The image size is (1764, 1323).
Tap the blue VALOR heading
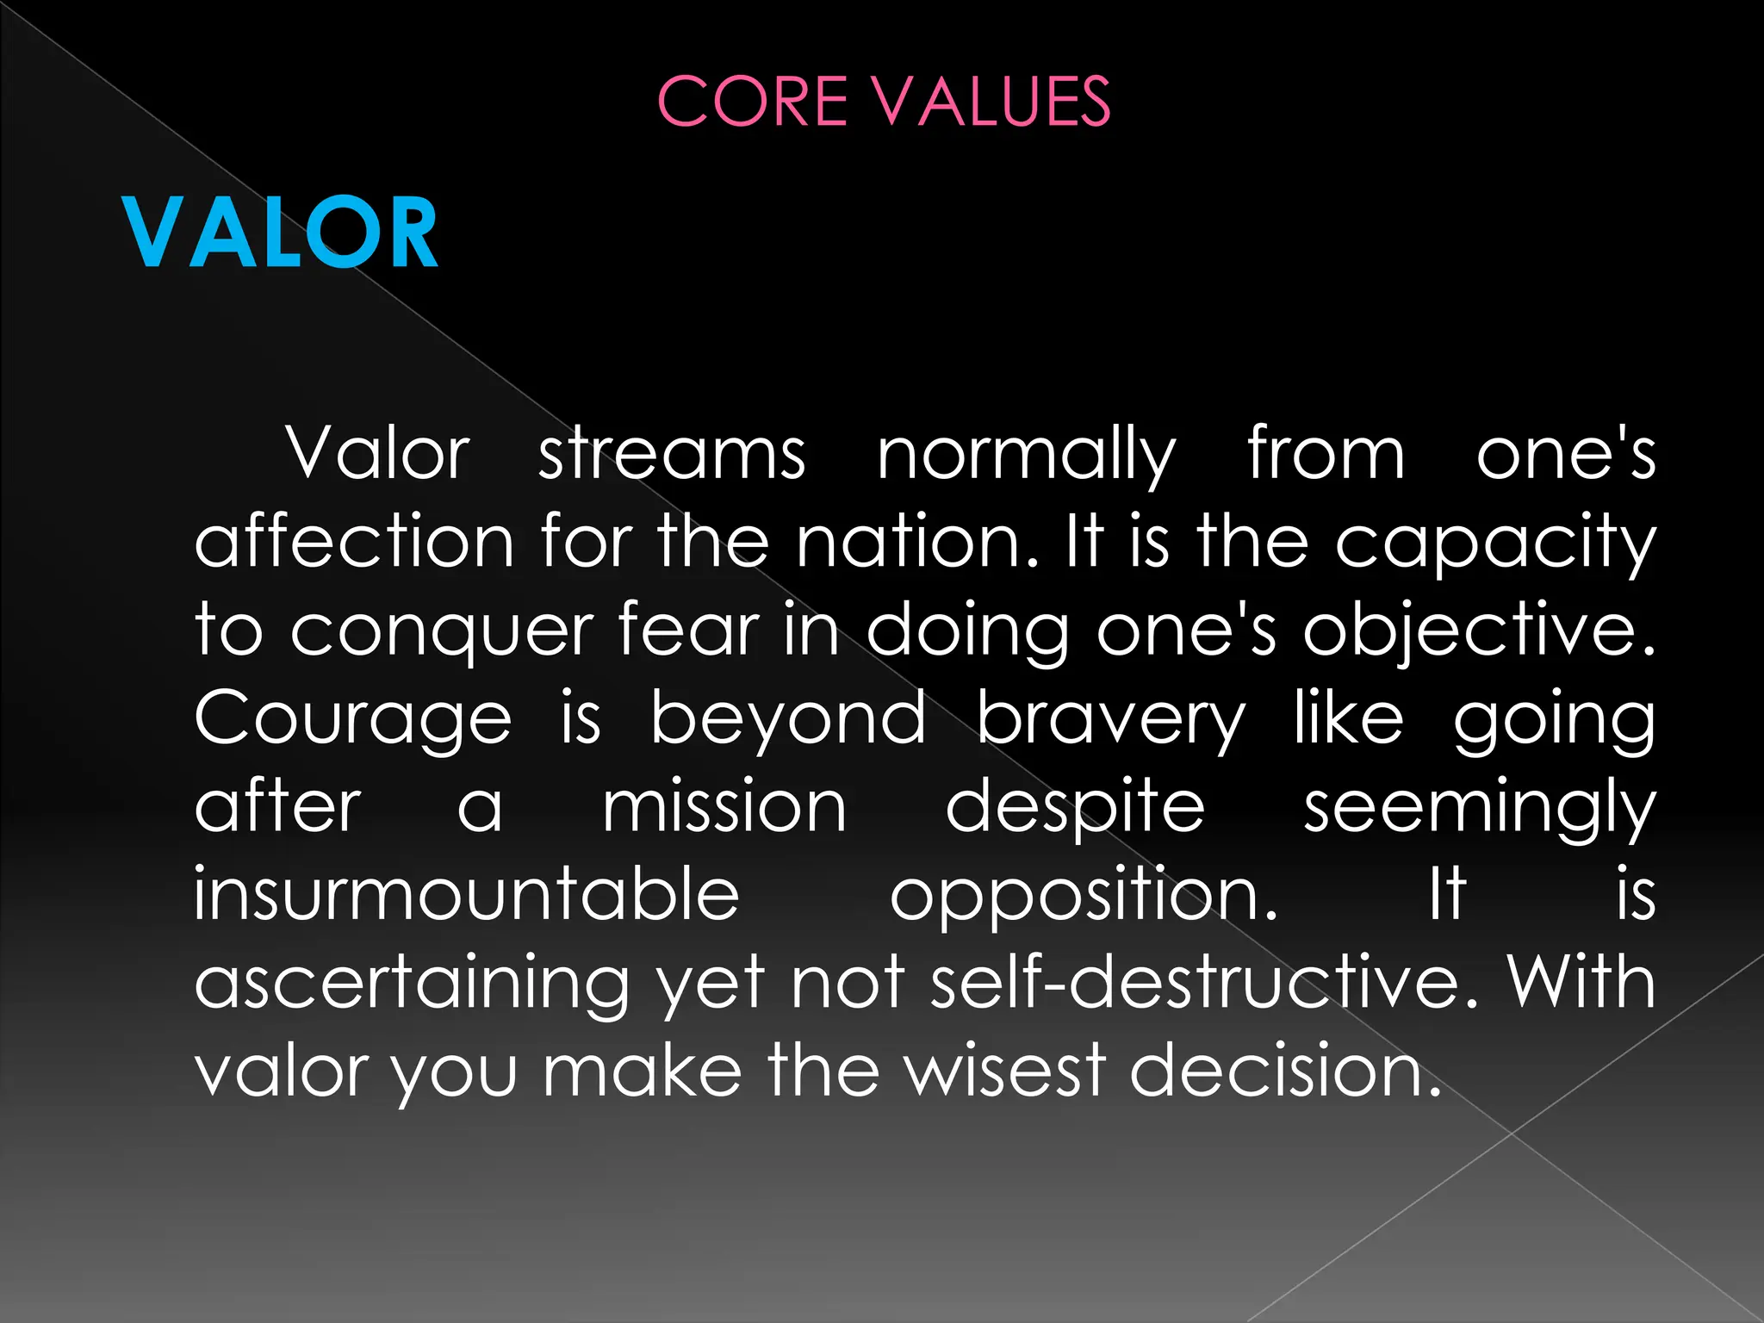click(x=280, y=233)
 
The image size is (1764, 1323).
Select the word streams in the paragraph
click(x=672, y=454)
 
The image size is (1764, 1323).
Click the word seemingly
click(x=1479, y=810)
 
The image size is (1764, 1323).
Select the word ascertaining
click(x=413, y=984)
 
